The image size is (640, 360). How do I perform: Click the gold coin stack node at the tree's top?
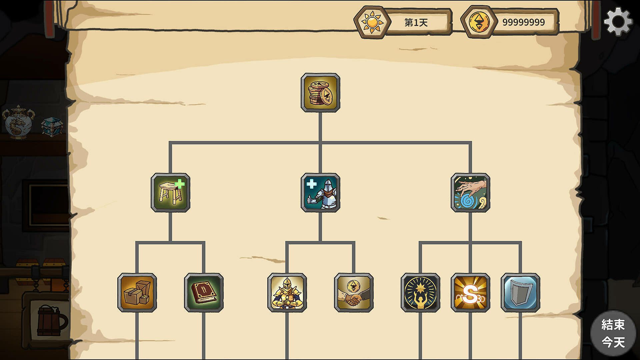[320, 93]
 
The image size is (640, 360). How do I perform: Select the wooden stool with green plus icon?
[170, 193]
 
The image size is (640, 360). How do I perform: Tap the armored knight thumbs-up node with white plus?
[320, 193]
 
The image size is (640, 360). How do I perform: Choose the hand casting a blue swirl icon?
[470, 193]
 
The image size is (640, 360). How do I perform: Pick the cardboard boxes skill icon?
[137, 293]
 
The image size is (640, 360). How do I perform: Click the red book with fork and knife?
[204, 293]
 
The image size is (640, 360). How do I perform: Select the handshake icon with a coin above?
[354, 293]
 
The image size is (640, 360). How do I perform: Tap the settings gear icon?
[618, 22]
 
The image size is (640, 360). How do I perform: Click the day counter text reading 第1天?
[416, 22]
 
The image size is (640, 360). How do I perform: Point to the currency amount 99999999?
[523, 22]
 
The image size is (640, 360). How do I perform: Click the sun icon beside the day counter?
[372, 22]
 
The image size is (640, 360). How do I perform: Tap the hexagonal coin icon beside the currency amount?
[479, 22]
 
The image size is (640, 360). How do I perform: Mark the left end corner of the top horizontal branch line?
[170, 143]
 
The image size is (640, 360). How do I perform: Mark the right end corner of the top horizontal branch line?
[470, 143]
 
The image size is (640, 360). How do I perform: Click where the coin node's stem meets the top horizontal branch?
[320, 143]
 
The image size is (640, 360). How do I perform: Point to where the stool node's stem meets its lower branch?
[170, 243]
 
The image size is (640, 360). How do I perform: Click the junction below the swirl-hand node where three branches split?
[470, 243]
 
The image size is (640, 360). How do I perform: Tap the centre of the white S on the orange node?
[470, 294]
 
